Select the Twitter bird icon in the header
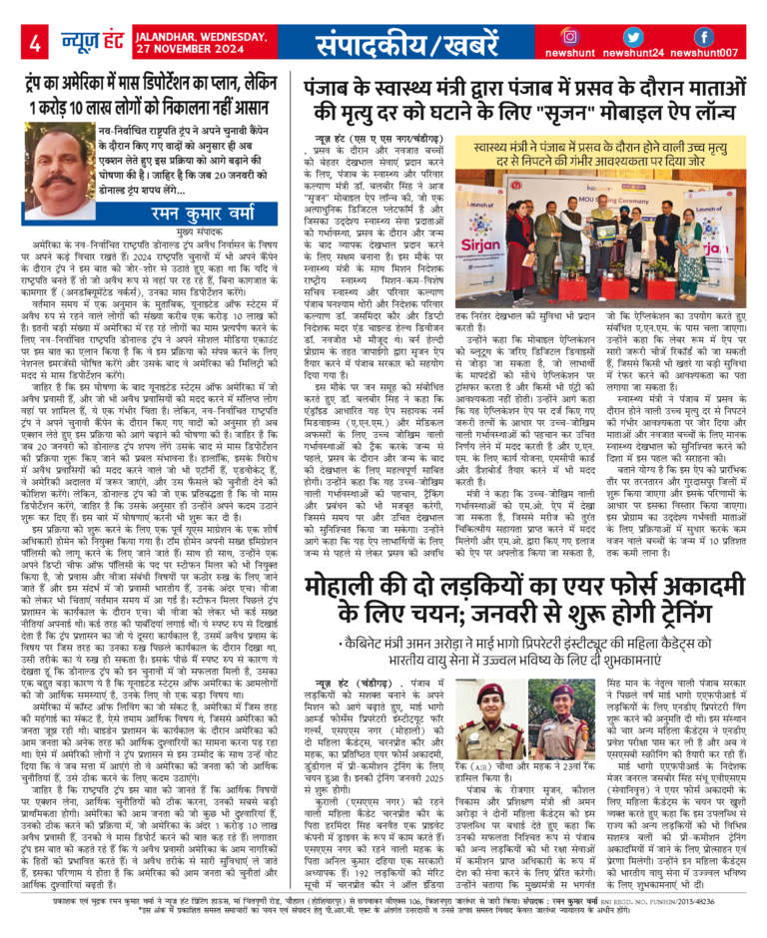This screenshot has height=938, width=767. pyautogui.click(x=636, y=37)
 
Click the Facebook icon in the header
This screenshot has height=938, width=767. pyautogui.click(x=703, y=37)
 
